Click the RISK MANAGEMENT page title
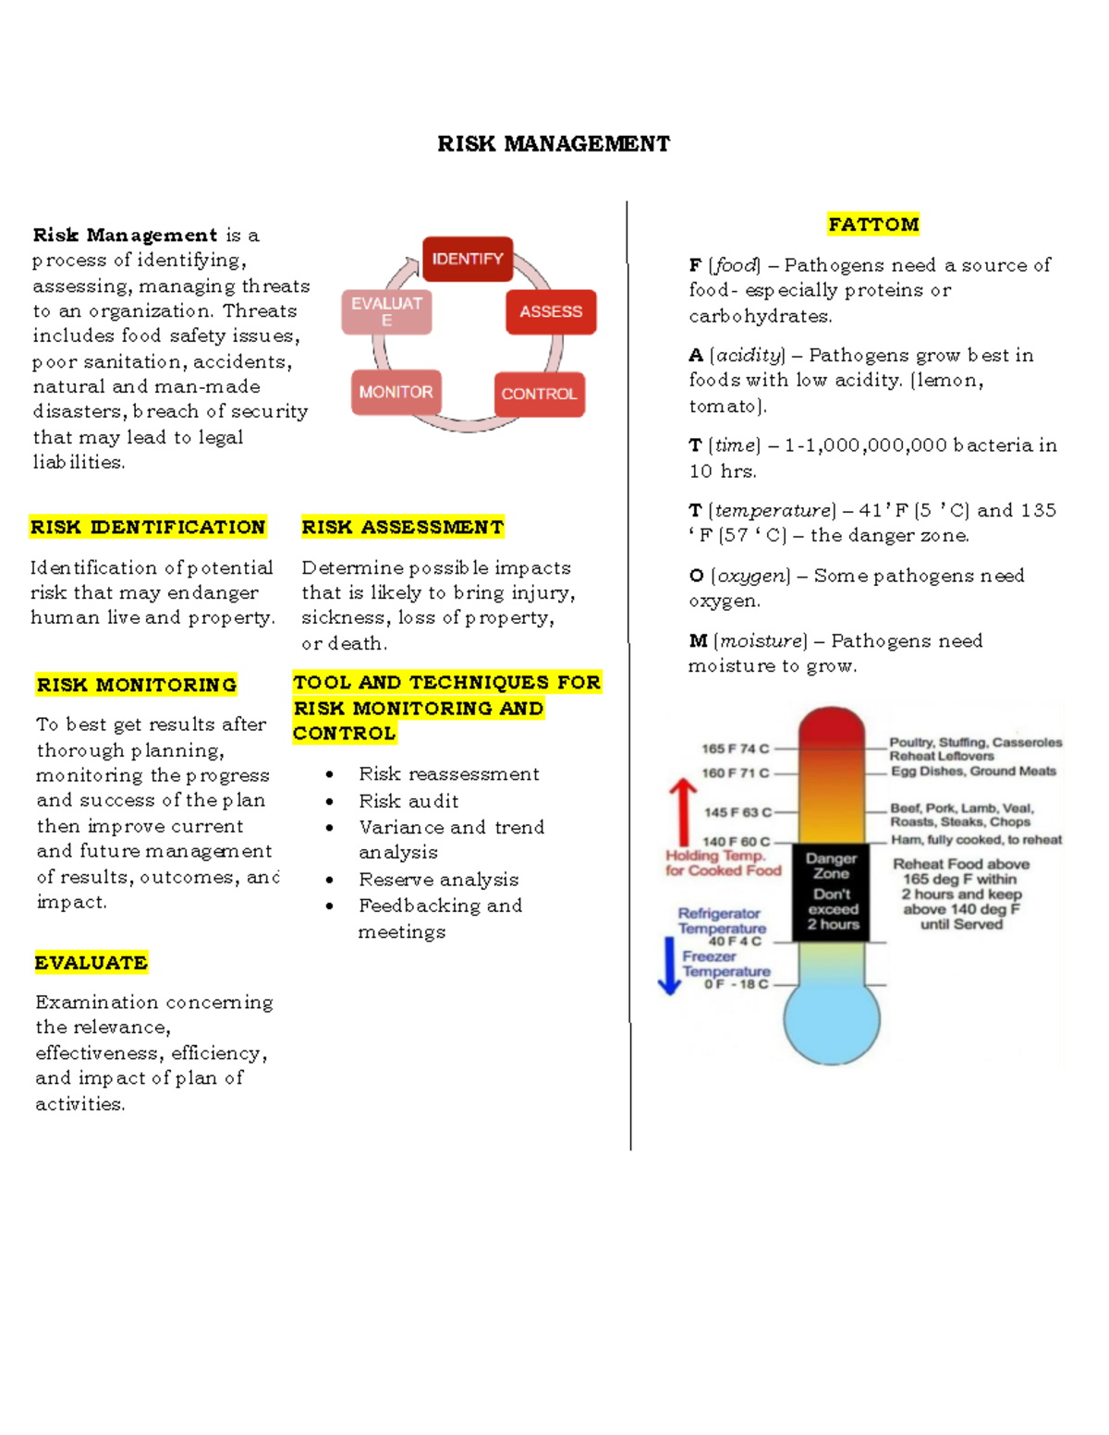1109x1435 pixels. click(554, 144)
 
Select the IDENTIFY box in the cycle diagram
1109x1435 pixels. click(468, 260)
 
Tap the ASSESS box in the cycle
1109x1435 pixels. click(551, 312)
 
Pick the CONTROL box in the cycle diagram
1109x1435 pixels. click(539, 395)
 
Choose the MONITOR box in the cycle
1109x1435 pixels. click(396, 393)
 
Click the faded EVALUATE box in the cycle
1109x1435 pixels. click(386, 311)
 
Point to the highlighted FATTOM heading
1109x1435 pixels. click(873, 225)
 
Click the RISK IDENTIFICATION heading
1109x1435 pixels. click(148, 528)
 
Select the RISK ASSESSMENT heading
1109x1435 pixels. click(403, 528)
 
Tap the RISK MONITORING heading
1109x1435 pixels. click(137, 685)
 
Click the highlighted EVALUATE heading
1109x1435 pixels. click(91, 963)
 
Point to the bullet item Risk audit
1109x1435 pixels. click(408, 801)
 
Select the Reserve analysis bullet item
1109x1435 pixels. click(439, 880)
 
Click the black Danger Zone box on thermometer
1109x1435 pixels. click(832, 892)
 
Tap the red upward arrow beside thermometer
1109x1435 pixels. click(682, 810)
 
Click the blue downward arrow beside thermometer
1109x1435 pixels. click(669, 966)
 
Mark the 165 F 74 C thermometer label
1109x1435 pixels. click(735, 748)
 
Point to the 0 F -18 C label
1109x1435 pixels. click(736, 984)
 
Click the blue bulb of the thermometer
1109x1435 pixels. click(832, 1019)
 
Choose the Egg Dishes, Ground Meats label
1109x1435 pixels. click(973, 772)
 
